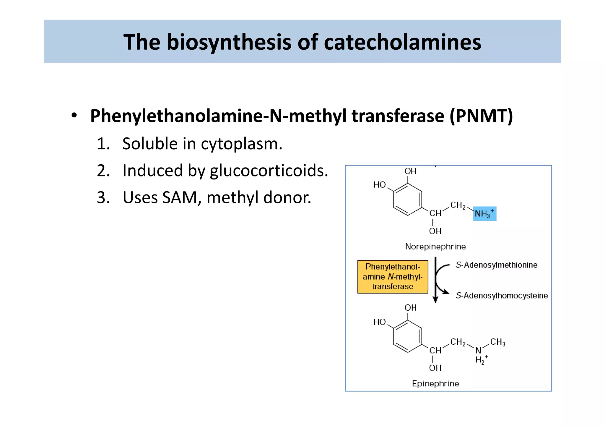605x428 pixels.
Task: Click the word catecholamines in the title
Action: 402,42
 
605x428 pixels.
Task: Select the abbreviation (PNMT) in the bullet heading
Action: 481,116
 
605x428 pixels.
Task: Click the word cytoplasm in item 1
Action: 241,144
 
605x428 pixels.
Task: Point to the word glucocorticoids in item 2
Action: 269,171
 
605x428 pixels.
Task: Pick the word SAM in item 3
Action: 180,197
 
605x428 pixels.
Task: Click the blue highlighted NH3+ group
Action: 484,214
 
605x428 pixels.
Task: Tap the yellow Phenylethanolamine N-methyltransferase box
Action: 392,277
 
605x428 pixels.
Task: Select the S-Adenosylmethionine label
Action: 496,265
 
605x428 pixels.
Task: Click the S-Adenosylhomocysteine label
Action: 502,296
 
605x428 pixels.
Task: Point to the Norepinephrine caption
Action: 435,247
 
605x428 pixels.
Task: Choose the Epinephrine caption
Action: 435,384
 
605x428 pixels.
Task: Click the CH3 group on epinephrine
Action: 497,342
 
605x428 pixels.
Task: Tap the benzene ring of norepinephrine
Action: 407,200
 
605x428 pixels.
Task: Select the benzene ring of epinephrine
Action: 407,336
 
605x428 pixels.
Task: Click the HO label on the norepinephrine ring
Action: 379,185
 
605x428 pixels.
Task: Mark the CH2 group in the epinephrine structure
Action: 458,342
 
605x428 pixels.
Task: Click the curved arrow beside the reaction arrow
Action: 440,279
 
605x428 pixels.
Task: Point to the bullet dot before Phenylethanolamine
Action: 74,116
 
